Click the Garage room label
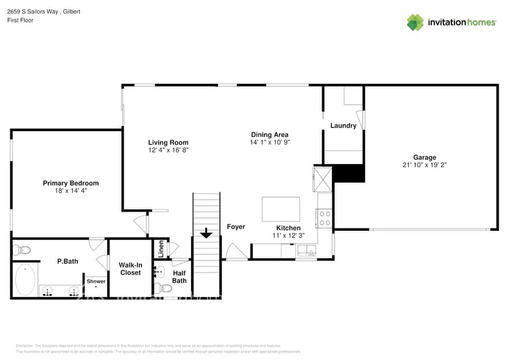click(x=424, y=157)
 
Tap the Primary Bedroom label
click(x=70, y=183)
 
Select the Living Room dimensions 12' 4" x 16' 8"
click(x=168, y=150)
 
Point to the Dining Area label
click(x=270, y=135)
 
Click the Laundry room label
click(x=343, y=126)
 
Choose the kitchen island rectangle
click(x=281, y=209)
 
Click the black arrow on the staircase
click(x=206, y=233)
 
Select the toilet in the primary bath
click(x=22, y=250)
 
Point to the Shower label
click(x=96, y=282)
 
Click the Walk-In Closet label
click(x=130, y=269)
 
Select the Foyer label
click(x=236, y=227)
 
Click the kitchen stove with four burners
click(x=325, y=219)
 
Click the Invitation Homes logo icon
click(x=415, y=22)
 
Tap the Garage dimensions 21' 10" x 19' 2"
click(x=424, y=165)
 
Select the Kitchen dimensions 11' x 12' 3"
click(x=288, y=235)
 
